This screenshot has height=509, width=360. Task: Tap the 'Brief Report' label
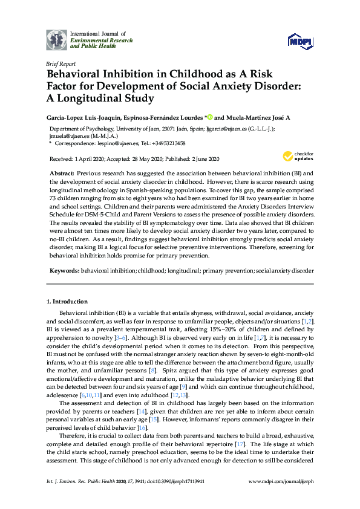(61, 63)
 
